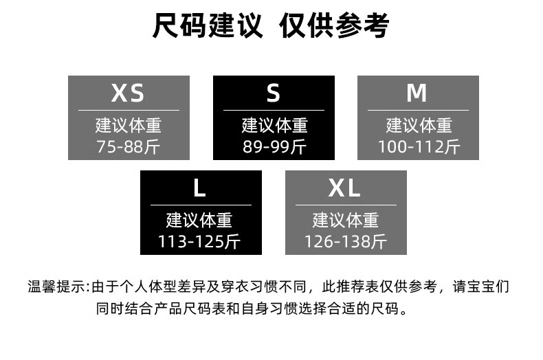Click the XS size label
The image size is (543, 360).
(129, 93)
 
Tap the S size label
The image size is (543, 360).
(274, 93)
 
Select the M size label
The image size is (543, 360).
(417, 93)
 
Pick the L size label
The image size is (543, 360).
(200, 188)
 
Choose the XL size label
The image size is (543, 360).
(345, 188)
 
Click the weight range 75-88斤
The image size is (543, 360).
(129, 146)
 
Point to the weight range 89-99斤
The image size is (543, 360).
(274, 146)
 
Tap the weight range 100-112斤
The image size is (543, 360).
(418, 146)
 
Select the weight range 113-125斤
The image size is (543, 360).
(200, 241)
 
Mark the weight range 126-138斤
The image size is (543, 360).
(346, 241)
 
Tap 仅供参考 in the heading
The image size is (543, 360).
(334, 27)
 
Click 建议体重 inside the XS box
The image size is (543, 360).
(129, 126)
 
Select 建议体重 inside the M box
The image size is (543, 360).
(418, 126)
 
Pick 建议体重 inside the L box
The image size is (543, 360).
(200, 221)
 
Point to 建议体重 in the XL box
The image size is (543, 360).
(346, 221)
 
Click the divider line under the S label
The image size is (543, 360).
(274, 110)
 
